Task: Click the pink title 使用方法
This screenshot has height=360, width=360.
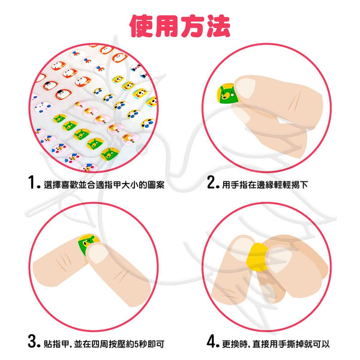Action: coord(180,26)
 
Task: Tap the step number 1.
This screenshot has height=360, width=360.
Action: coord(34,182)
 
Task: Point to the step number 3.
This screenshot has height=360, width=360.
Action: coord(33,341)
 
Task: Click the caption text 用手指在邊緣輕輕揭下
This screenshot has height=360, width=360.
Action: coord(265,185)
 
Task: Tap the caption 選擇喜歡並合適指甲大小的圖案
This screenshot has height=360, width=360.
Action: coord(104,185)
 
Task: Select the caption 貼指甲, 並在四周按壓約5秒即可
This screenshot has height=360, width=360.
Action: coord(104,344)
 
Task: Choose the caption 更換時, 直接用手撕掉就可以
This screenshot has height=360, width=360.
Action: coord(276,344)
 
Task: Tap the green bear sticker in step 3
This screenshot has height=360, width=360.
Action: coord(87,244)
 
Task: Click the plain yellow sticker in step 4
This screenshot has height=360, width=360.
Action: coord(257,257)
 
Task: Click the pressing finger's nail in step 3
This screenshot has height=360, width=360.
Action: coord(98,254)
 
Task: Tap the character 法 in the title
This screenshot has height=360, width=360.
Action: coord(218,26)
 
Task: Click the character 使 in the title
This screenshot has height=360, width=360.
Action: coord(142,26)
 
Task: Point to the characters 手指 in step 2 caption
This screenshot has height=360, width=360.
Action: coord(239,185)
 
